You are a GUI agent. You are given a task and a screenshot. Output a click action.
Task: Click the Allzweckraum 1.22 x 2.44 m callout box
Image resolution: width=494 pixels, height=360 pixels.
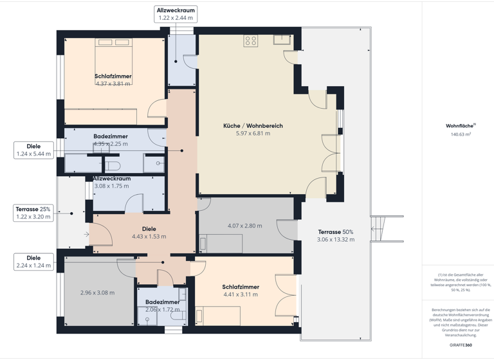pos(176,14)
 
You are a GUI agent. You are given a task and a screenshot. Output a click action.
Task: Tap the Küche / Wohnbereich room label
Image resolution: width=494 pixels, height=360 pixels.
pos(253,125)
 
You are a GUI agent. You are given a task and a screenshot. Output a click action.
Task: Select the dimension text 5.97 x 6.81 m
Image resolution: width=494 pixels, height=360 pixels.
pos(253,133)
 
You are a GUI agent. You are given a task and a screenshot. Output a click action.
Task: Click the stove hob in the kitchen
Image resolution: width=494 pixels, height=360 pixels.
pos(250,40)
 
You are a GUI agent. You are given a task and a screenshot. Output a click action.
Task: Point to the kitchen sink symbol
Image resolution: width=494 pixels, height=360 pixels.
pos(281,39)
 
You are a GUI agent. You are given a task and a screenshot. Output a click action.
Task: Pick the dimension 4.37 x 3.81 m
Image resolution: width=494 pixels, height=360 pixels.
pos(113,84)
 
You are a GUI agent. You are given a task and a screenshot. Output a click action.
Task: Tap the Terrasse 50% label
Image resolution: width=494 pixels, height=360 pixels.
pos(335,231)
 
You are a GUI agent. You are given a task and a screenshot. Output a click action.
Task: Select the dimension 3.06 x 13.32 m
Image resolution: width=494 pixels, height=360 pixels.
pos(335,239)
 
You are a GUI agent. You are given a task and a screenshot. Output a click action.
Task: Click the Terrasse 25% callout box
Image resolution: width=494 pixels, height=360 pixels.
pos(33,213)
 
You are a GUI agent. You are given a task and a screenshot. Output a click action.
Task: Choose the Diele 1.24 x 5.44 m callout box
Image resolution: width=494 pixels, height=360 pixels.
pos(33,150)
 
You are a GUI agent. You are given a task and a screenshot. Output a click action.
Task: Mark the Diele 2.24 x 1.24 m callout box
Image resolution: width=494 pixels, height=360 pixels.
pos(33,261)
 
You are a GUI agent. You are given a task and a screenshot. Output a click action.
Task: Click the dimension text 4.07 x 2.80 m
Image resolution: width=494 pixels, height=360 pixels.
pos(245,226)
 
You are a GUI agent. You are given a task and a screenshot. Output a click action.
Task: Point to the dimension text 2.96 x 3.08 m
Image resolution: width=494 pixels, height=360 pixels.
pos(98,292)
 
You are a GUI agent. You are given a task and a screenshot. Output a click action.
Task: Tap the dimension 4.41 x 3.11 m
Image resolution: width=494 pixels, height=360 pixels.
pos(241,294)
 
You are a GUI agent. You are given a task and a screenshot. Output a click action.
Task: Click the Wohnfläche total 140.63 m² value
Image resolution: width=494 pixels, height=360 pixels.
pos(461,134)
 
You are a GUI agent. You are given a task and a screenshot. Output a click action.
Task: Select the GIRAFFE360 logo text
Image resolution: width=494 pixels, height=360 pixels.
pos(461,345)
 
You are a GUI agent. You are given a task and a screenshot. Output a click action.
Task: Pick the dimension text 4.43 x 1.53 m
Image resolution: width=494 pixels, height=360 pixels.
pos(149,236)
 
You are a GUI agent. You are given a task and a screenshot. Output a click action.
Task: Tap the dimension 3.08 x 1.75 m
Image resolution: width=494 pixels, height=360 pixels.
pos(111,186)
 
